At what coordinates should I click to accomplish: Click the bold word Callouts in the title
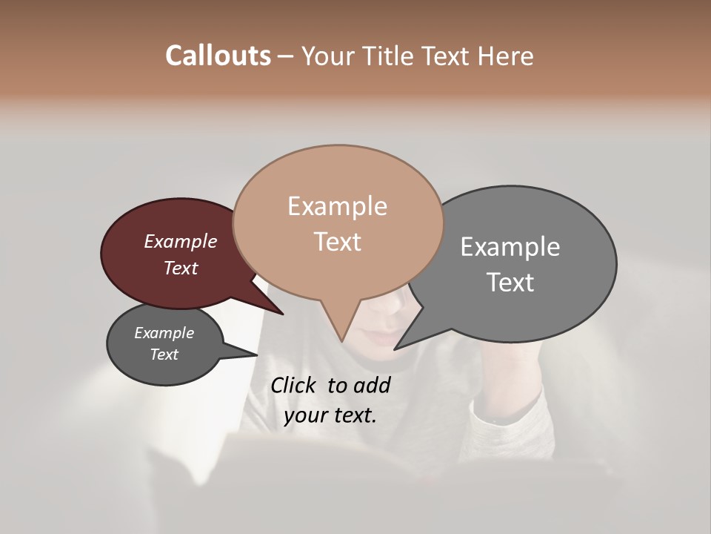point(218,56)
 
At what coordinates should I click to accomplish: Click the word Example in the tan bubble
point(337,206)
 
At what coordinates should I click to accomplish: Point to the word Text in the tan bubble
point(337,241)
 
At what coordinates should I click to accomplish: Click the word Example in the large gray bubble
point(510,247)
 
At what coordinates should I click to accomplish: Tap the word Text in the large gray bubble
point(510,283)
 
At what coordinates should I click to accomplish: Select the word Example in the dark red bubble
point(180,241)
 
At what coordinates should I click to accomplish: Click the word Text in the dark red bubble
point(180,268)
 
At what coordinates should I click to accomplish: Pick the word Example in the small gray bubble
point(164,333)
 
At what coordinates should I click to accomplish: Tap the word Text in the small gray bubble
point(164,355)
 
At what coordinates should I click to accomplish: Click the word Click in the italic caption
point(293,385)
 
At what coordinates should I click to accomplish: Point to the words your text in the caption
point(330,415)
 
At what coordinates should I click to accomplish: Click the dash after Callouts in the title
point(286,57)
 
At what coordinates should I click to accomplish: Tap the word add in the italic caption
point(372,385)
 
